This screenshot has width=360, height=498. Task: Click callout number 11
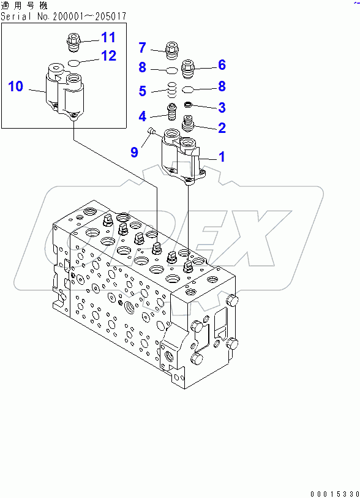(x=108, y=37)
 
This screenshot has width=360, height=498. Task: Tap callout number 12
(x=108, y=56)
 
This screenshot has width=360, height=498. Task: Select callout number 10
(x=15, y=86)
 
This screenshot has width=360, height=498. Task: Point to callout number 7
(x=142, y=48)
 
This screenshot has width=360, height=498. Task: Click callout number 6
(x=222, y=64)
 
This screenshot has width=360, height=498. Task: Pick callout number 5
(x=142, y=91)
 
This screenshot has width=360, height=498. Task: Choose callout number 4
(x=142, y=116)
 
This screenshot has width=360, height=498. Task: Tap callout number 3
(x=222, y=107)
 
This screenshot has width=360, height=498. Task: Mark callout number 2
(x=222, y=127)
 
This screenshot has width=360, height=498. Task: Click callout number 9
(x=134, y=152)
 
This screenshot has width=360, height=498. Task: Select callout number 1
(x=222, y=157)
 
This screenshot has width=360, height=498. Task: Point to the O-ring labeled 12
(x=74, y=62)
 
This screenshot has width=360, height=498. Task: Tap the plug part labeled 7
(x=173, y=51)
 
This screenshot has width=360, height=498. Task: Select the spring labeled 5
(x=171, y=90)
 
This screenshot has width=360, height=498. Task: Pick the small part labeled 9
(x=151, y=130)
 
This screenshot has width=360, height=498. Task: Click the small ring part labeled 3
(x=188, y=104)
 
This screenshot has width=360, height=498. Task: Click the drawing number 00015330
(x=335, y=494)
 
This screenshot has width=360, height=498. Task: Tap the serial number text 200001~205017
(x=89, y=16)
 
